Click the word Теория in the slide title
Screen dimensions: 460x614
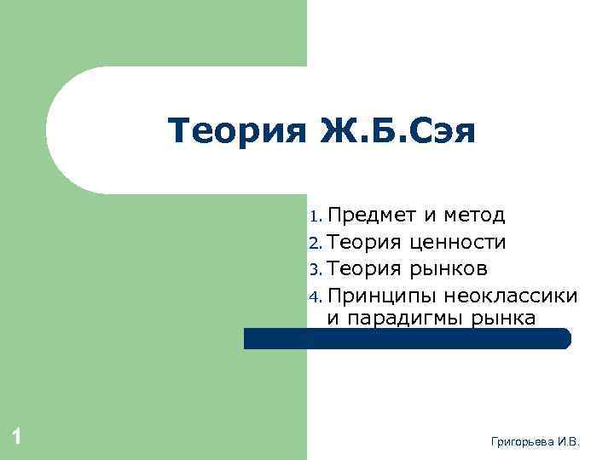click(x=236, y=132)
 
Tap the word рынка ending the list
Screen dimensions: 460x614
click(x=507, y=318)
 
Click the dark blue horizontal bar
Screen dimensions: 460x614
click(x=408, y=338)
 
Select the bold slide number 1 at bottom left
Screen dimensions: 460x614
click(x=16, y=438)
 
